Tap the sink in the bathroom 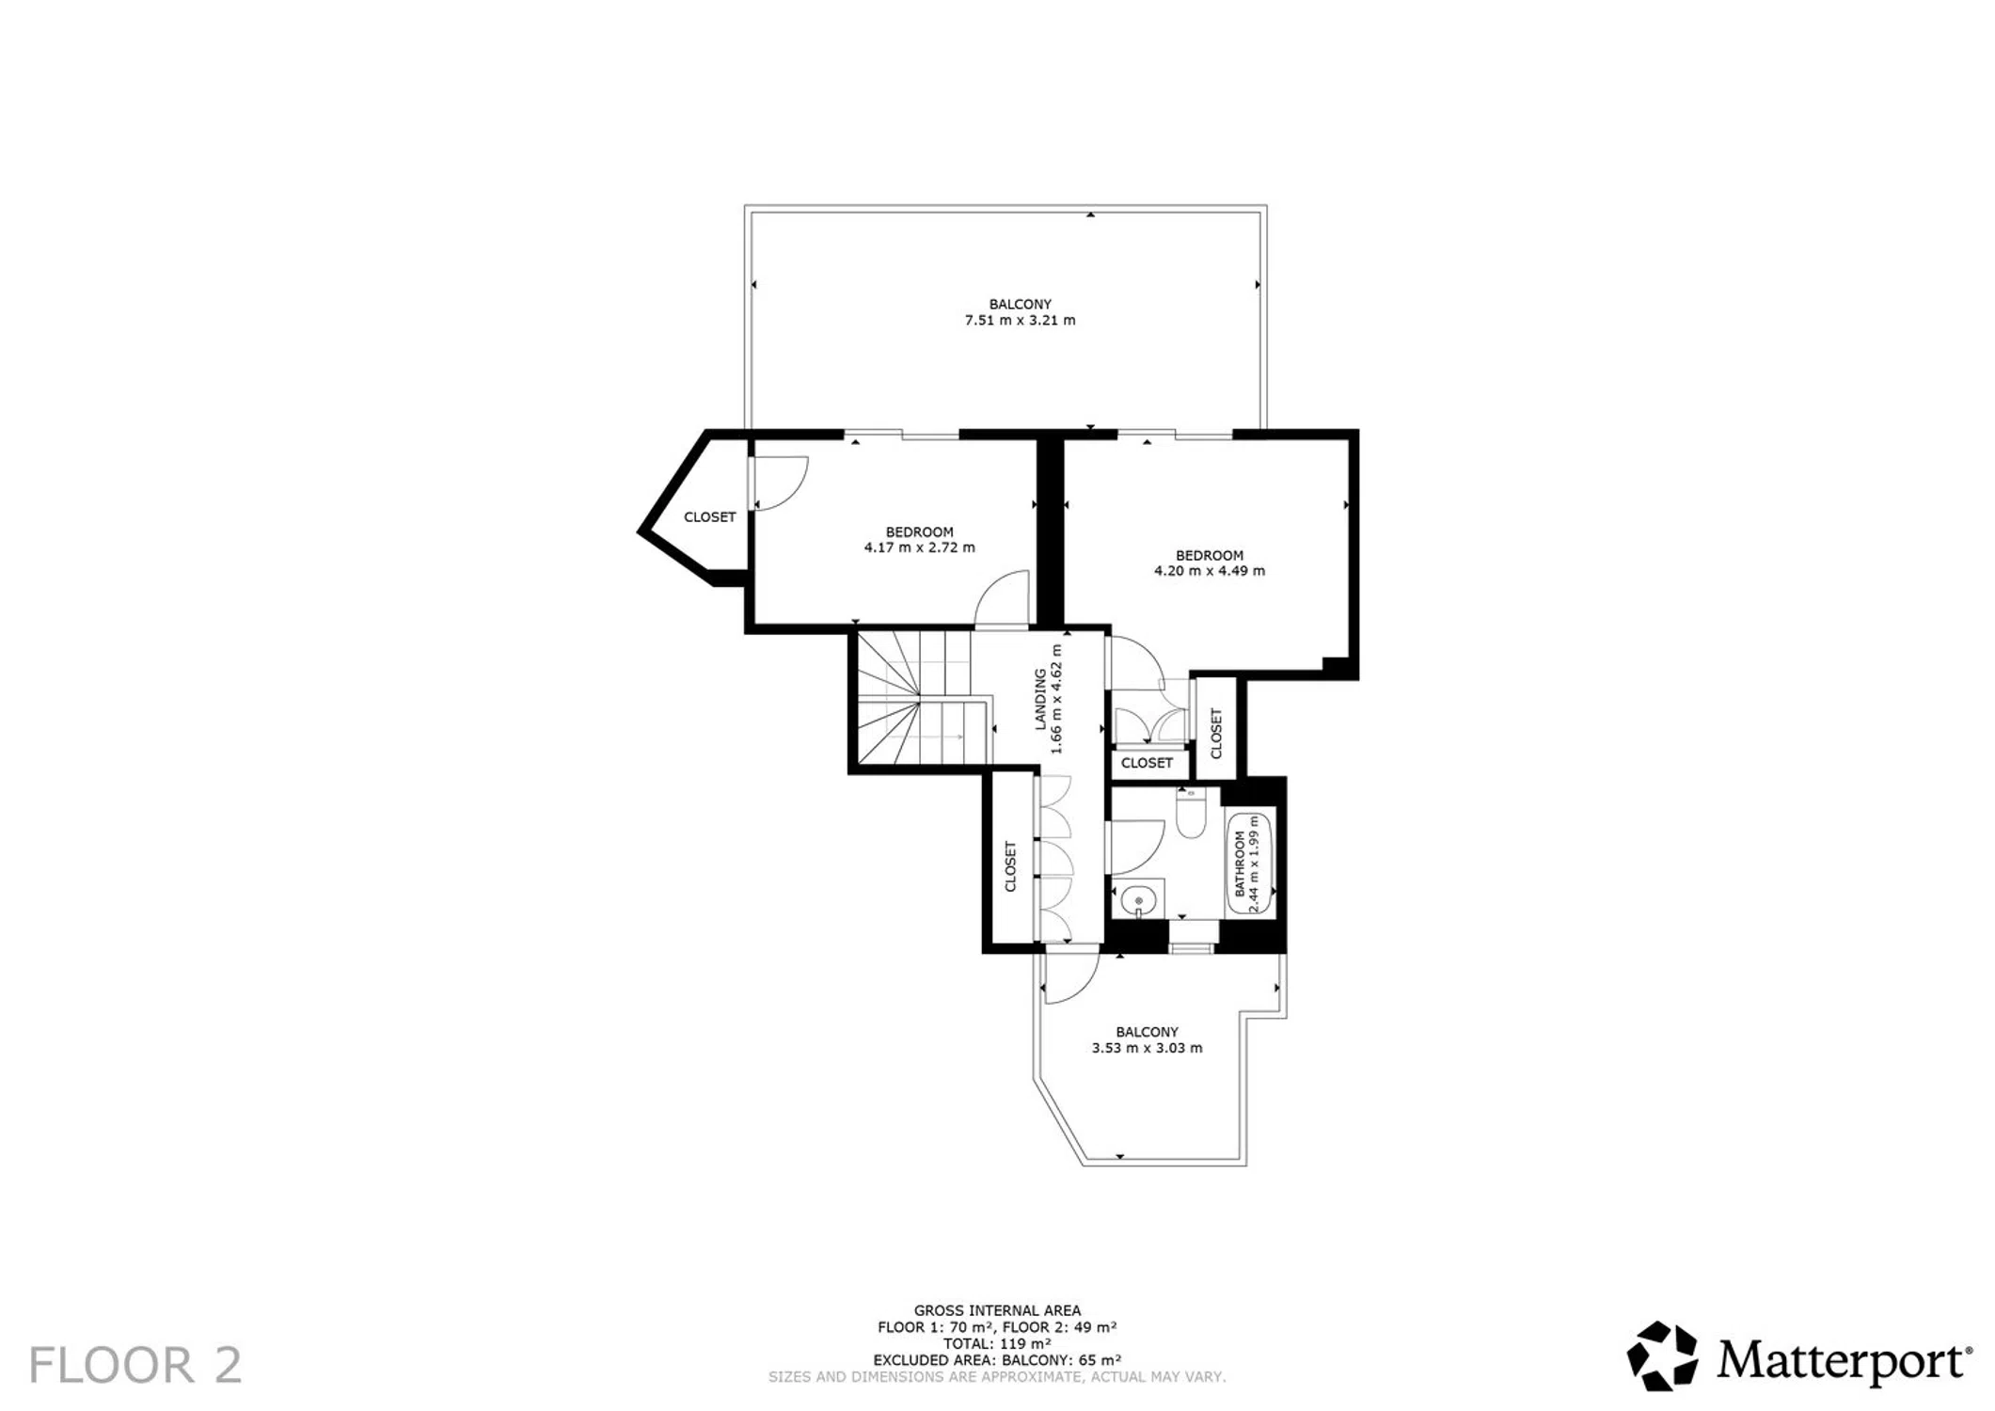coord(1139,900)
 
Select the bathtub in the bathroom coord(1250,863)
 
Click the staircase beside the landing coord(922,700)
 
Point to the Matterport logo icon coord(1663,1356)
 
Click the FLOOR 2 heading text coord(135,1365)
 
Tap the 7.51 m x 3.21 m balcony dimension coord(1020,321)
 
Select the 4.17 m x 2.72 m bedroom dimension coord(919,547)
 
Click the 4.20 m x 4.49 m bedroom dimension coord(1210,571)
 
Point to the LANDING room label coord(1040,699)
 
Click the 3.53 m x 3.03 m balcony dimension coord(1147,1048)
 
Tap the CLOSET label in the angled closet coord(709,517)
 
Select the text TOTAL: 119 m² coord(997,1343)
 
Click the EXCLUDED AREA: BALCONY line coord(997,1360)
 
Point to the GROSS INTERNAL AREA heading coord(997,1310)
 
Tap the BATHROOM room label coord(1240,863)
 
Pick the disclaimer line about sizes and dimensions coord(997,1377)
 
